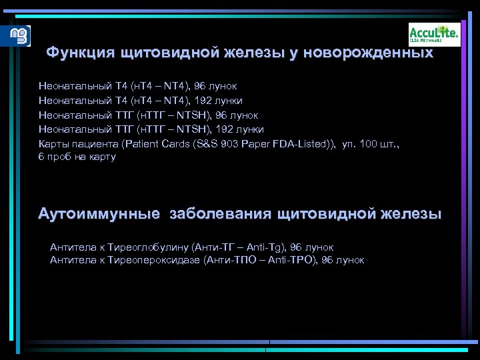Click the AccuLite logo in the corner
pyautogui.click(x=434, y=34)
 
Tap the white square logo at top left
pyautogui.click(x=20, y=35)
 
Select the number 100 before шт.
pyautogui.click(x=368, y=143)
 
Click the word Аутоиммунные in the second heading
pyautogui.click(x=99, y=214)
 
